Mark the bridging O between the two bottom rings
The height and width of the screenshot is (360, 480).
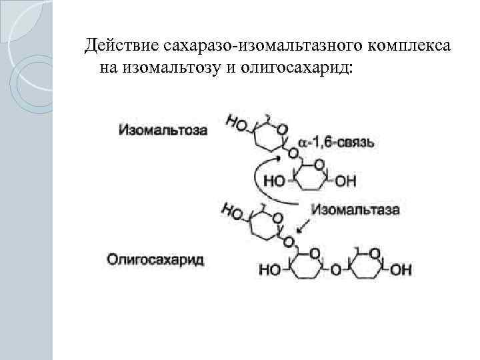tap(335, 269)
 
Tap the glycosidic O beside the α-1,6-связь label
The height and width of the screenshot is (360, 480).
tap(292, 153)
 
